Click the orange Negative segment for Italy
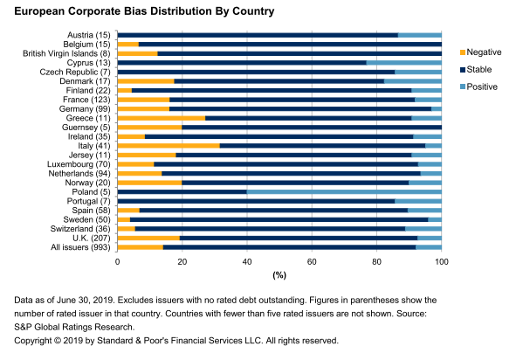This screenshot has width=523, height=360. pos(169,146)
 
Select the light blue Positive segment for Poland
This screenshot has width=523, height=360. pos(344,191)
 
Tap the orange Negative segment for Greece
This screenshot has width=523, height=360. pos(162,118)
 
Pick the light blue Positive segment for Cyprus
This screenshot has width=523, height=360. pos(404,63)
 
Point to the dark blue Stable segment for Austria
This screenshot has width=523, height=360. pos(258,35)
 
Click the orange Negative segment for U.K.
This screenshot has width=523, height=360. pos(148,238)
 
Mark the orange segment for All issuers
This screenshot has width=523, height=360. pos(141,247)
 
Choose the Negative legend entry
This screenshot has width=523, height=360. pos(480,52)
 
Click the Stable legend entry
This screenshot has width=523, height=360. pos(476,69)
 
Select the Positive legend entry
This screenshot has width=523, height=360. pos(478,87)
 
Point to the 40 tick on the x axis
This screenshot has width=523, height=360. pos(247,262)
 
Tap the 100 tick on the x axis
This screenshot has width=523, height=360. pos(442,262)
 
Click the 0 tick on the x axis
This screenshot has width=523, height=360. pos(117,262)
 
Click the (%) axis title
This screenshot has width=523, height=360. pos(279,275)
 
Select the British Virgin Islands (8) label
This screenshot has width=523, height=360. pos(66,53)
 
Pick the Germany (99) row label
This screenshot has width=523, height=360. pos(85,109)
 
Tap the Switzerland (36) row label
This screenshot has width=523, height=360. pos(80,229)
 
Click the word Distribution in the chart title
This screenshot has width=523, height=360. pos(181,11)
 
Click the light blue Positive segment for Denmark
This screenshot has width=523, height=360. pos(413,81)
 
